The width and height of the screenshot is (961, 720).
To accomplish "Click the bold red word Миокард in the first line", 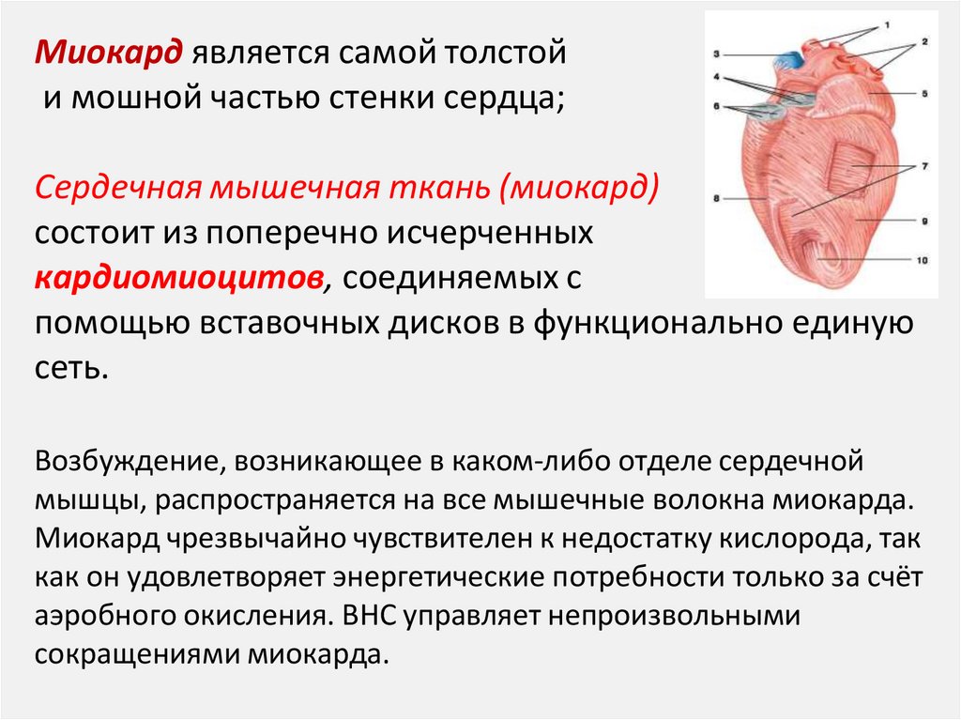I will pos(108,53).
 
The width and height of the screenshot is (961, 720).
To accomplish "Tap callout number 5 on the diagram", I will pos(923,93).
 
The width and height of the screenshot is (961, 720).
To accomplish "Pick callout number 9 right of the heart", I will pos(923,221).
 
